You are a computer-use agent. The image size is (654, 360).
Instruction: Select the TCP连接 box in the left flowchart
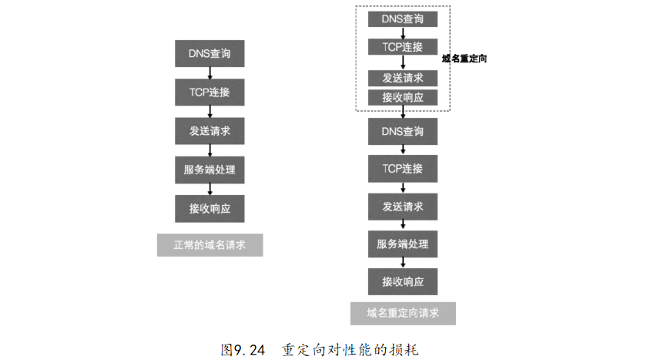coord(210,93)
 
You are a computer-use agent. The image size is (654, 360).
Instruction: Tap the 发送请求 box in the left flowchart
coord(210,130)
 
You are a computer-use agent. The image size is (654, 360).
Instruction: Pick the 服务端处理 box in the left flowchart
coord(210,170)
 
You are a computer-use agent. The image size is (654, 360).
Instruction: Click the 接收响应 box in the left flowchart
coord(210,208)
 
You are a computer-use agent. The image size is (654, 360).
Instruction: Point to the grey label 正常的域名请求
coord(210,245)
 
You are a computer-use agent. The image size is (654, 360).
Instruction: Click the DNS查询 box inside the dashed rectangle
coord(403,18)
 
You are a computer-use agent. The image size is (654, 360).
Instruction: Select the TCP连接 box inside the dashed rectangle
coord(403,47)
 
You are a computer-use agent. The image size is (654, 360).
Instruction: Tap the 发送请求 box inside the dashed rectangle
coord(403,78)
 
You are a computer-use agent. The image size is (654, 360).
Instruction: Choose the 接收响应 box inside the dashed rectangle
coord(403,97)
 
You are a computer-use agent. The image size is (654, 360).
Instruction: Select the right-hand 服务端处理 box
coord(403,244)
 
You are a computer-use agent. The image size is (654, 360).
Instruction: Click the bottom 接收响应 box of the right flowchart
coord(403,281)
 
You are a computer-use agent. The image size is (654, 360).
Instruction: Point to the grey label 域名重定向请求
coord(403,313)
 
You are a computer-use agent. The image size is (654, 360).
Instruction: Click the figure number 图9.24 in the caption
coord(243,349)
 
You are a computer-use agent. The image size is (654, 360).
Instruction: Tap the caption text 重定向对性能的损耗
coord(350,349)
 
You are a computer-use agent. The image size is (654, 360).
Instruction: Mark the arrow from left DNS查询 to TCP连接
coord(210,73)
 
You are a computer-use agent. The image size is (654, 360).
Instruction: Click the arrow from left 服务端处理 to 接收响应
coord(210,189)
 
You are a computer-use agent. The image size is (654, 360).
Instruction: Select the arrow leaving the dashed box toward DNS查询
coord(403,113)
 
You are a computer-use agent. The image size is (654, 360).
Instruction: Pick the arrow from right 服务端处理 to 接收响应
coord(403,263)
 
